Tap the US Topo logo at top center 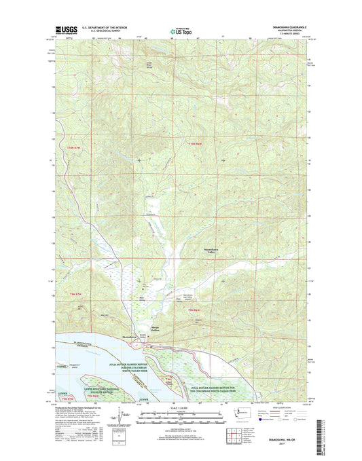pos(180,30)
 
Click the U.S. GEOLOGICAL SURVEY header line pos(105,31)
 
